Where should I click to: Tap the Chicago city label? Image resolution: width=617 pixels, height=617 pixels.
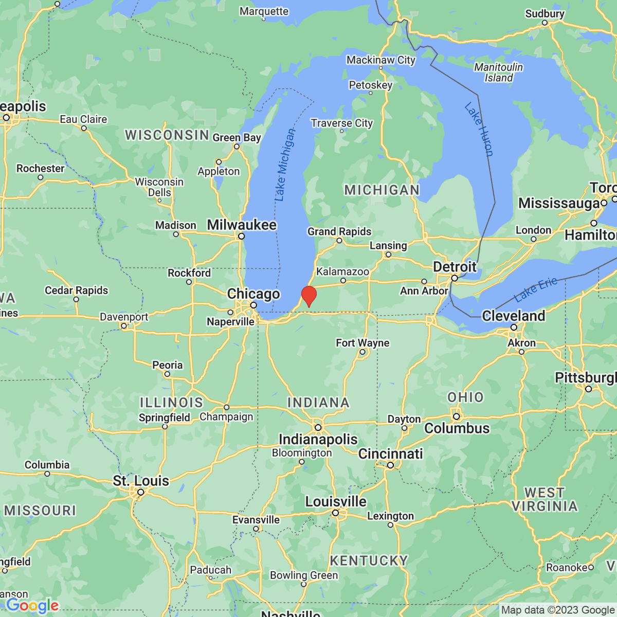pos(253,294)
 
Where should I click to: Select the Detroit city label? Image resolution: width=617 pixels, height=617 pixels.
pos(455,267)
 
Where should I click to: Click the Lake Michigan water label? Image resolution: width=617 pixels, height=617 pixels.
pos(285,165)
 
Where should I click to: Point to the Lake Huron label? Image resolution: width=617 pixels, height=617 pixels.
pos(479,130)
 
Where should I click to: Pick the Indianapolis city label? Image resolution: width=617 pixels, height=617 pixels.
pos(318,439)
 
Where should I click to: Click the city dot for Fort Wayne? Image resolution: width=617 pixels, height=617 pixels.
pos(362,352)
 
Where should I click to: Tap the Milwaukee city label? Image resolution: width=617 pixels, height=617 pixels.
pos(242,225)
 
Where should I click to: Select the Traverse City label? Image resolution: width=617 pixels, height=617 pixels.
pos(341,123)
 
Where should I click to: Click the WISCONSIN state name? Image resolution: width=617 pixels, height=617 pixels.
pos(167,135)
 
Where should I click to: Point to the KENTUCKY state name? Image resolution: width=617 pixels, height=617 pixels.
pos(369,560)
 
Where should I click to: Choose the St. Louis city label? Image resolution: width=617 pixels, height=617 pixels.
pos(141,481)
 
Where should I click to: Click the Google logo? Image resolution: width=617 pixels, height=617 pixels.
pos(32,606)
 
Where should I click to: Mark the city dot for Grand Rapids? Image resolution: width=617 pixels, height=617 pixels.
pos(339,240)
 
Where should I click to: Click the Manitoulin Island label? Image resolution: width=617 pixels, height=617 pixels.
pos(498,72)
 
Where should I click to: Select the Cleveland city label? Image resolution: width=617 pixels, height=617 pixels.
pos(513,316)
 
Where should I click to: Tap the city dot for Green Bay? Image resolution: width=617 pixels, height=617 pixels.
pos(237,147)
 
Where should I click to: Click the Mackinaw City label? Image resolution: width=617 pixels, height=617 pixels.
pos(380,60)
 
